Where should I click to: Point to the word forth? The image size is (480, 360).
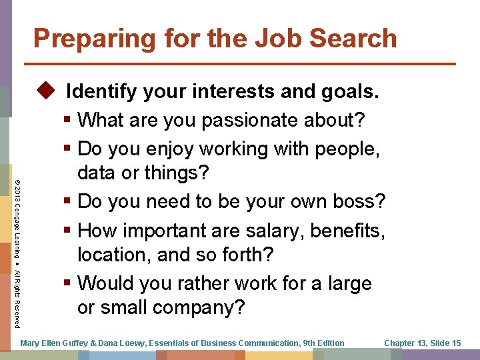[x=235, y=255]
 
